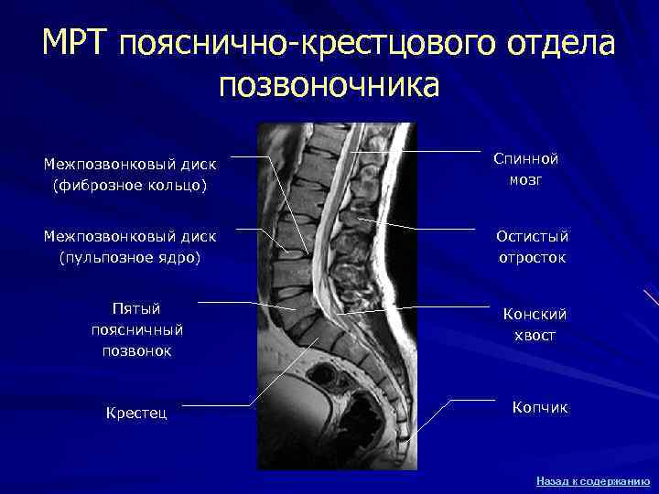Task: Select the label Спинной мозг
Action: (525, 169)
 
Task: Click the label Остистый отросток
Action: (531, 247)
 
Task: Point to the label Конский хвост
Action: (535, 324)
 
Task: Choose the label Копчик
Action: (540, 407)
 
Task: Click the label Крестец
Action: (137, 413)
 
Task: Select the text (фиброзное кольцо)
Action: (130, 186)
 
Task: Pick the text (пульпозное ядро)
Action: (130, 258)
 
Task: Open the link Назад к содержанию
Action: (592, 480)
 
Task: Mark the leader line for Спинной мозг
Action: (430, 151)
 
